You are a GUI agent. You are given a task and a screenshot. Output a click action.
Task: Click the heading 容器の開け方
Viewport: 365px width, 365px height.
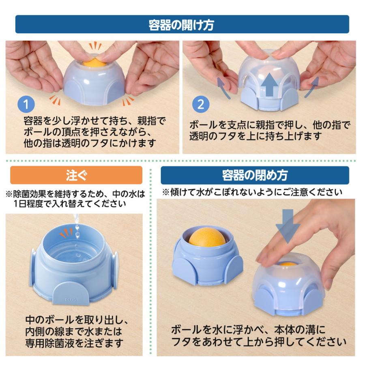click(x=182, y=24)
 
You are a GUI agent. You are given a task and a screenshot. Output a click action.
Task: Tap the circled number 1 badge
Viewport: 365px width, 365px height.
click(x=26, y=104)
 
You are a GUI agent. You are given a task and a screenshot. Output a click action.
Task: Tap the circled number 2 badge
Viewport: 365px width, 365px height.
click(x=200, y=104)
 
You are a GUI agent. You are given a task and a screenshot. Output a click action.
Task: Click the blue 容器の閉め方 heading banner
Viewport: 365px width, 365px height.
click(x=255, y=175)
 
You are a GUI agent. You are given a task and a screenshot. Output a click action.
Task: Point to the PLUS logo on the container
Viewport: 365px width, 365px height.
click(x=71, y=300)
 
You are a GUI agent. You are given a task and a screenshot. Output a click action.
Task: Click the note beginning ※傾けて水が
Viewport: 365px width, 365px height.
click(x=252, y=192)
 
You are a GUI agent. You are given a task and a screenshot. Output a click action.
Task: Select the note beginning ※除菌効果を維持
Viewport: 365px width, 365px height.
click(x=75, y=198)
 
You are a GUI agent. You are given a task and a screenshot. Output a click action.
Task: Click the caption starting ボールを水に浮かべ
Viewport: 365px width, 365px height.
click(x=258, y=335)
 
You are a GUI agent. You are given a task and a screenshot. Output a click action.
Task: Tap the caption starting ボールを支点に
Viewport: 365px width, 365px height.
click(x=270, y=130)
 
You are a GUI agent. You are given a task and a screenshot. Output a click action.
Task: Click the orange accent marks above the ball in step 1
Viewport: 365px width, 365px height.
click(x=96, y=45)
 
